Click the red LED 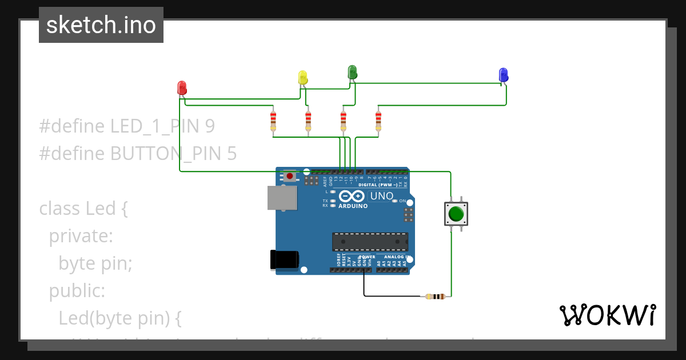coord(182,88)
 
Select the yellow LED coord(303,77)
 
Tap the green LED coord(352,72)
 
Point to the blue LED coord(503,74)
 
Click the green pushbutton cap coord(456,214)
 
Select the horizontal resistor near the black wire coord(436,296)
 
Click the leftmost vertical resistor coord(273,121)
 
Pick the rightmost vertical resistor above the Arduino coord(378,121)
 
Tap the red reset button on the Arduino coord(290,176)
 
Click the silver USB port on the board coord(282,198)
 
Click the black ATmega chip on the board coord(370,242)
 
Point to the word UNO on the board coord(382,196)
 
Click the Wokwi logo coord(607,315)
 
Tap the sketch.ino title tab coord(101,25)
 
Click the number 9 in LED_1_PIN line coord(209,126)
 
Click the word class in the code coord(60,209)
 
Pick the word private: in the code coord(81,236)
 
